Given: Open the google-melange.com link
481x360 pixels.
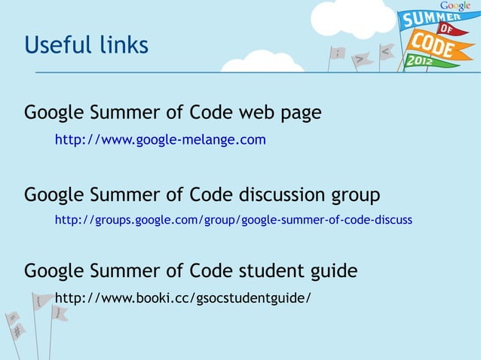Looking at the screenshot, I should (x=160, y=140).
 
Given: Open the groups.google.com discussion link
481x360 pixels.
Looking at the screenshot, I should (x=233, y=220).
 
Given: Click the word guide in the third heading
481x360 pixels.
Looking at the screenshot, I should (x=332, y=270).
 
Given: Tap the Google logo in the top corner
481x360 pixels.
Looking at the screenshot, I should (x=456, y=6).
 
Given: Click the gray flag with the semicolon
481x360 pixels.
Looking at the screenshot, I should (x=339, y=53).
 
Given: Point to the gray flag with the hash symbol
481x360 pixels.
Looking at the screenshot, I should (x=17, y=330).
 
